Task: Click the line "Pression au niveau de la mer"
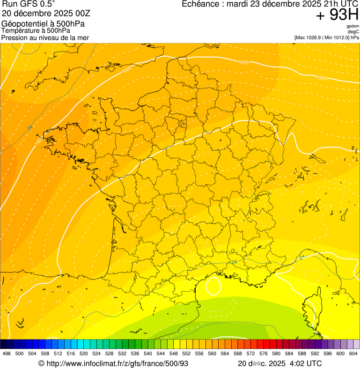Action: click(45, 37)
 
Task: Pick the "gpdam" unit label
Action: click(353, 27)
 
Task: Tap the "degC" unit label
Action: click(354, 32)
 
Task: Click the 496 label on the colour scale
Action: click(7, 354)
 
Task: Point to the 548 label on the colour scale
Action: click(173, 354)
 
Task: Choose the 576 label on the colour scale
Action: click(263, 354)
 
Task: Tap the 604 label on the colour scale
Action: click(353, 354)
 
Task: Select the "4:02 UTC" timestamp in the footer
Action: click(305, 363)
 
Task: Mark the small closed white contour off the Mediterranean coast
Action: click(213, 286)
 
